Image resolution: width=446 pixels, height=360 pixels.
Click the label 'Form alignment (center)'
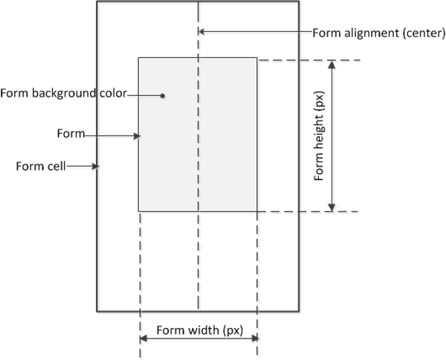378,32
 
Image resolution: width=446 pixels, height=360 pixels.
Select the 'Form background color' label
64,93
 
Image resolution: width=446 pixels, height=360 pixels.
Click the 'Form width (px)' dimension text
198,330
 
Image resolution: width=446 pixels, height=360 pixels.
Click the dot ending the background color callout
163,96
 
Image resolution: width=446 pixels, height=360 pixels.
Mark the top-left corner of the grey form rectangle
138,57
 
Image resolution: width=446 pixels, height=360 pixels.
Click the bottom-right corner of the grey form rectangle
257,212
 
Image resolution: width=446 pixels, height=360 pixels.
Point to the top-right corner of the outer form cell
299,1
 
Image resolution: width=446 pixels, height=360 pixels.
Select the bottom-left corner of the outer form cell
97,311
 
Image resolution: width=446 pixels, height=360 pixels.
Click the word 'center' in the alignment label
424,32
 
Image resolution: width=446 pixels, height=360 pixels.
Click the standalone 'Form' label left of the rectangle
71,134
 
